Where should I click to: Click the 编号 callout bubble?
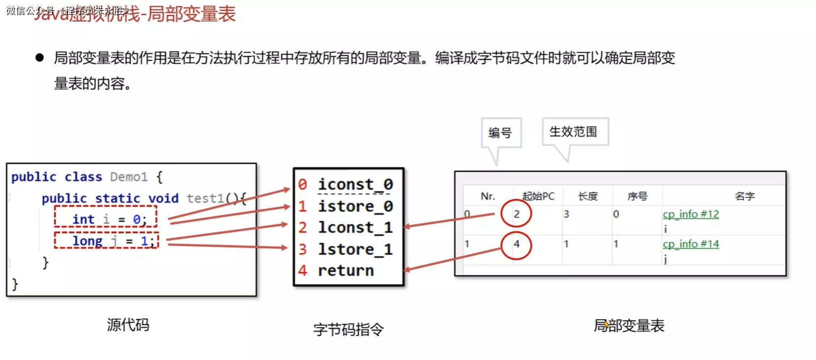(500, 132)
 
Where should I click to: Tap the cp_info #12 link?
(690, 214)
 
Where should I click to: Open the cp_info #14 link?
(690, 244)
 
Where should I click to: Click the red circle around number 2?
(516, 214)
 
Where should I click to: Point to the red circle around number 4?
(516, 244)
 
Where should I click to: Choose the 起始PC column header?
(538, 196)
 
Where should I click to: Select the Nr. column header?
(488, 196)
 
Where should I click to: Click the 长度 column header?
(588, 196)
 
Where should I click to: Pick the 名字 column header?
(744, 196)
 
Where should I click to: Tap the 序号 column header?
(637, 196)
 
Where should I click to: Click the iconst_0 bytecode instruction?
(355, 184)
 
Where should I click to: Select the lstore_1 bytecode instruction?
(355, 249)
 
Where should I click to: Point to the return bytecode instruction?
(346, 270)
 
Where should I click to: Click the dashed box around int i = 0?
(106, 217)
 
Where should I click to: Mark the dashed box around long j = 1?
(106, 241)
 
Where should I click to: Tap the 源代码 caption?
(128, 325)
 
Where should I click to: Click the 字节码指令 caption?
(348, 329)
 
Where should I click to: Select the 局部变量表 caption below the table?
(629, 326)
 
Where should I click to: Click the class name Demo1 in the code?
(129, 177)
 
